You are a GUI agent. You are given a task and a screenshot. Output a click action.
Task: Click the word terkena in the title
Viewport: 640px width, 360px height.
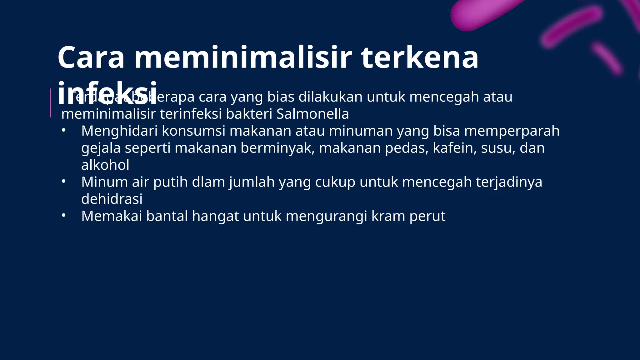pyautogui.click(x=420, y=58)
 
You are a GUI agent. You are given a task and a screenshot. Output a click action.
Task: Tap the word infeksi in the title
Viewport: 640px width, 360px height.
pyautogui.click(x=107, y=94)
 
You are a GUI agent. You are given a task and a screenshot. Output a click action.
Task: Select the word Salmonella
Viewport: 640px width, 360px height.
pyautogui.click(x=312, y=114)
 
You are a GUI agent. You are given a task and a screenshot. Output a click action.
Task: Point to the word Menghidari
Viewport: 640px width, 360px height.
pyautogui.click(x=119, y=131)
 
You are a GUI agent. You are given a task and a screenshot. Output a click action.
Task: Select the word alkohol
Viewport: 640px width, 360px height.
pyautogui.click(x=105, y=165)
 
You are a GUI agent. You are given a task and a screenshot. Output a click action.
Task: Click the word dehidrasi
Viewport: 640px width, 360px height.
pyautogui.click(x=112, y=199)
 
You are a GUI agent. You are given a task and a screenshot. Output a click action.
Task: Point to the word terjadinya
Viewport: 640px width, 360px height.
pyautogui.click(x=509, y=182)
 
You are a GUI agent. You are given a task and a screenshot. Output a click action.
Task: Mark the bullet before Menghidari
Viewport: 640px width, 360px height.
pyautogui.click(x=63, y=131)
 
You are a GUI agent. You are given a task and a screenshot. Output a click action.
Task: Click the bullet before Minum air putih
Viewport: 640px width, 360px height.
pyautogui.click(x=63, y=182)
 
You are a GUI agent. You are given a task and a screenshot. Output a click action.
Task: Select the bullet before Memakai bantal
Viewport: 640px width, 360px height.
pyautogui.click(x=63, y=216)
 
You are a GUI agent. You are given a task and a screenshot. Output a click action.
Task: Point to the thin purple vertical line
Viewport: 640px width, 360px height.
pyautogui.click(x=50, y=103)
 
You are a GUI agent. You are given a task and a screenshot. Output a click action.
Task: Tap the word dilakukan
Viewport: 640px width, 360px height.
pyautogui.click(x=330, y=97)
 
